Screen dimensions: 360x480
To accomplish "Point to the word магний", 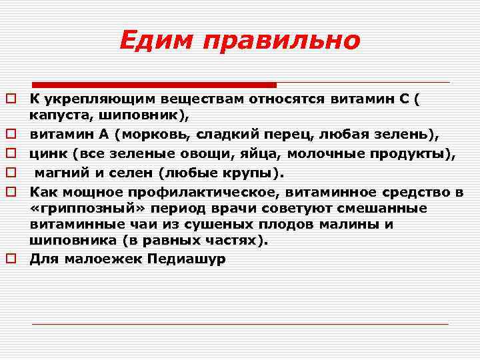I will point(60,174).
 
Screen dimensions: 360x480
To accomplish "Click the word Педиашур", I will point(191,259).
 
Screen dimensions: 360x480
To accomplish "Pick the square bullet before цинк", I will point(11,155).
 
